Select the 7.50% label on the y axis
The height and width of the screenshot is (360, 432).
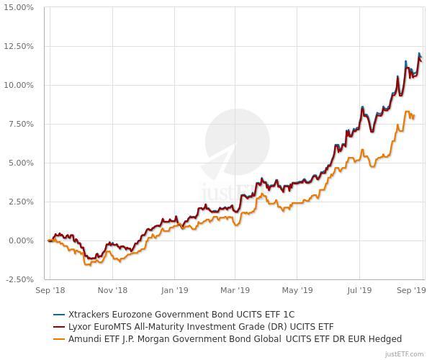(21, 124)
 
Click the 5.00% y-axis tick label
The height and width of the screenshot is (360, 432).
(21, 163)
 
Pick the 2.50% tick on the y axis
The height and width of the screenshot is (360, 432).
(21, 202)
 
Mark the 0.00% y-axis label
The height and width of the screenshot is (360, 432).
(21, 240)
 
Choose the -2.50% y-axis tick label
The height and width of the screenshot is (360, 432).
(19, 279)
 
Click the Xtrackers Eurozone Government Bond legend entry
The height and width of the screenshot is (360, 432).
(181, 315)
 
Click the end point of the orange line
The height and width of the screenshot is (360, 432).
(414, 115)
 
